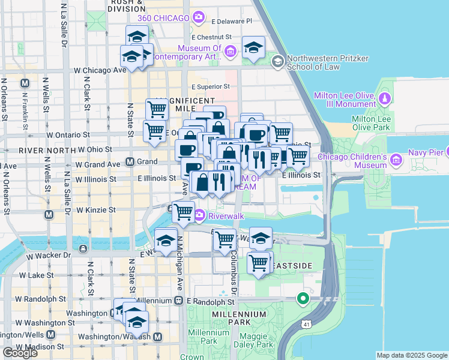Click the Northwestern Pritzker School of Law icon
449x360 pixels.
277,61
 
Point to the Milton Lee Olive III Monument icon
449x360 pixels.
384,97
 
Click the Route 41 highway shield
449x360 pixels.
307,340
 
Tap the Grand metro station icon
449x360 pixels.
130,162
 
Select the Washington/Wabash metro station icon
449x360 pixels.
157,337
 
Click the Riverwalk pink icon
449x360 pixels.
199,215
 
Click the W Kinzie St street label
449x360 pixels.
95,210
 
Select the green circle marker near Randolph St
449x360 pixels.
304,298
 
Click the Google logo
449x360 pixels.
20,353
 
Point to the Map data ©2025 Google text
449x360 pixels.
411,355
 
